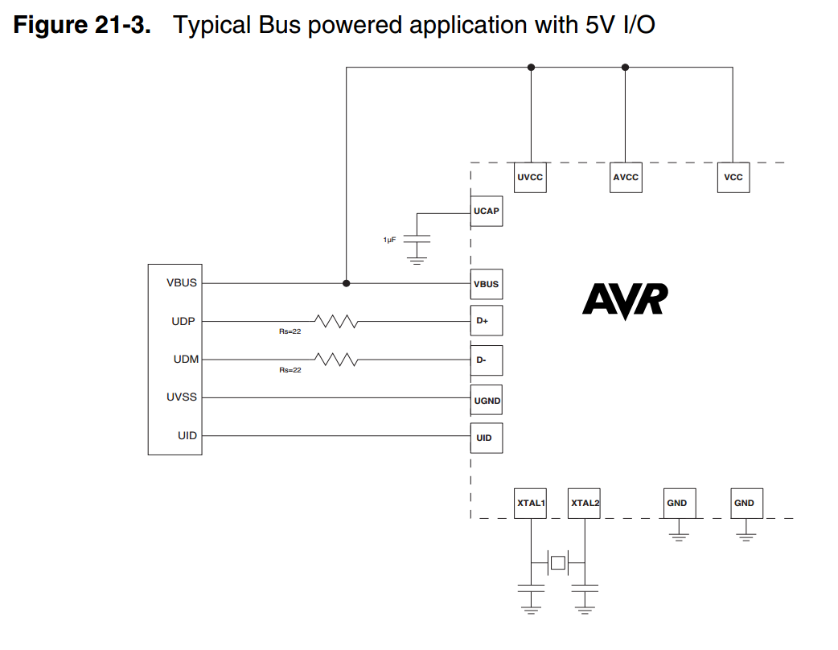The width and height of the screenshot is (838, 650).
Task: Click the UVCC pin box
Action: coord(530,178)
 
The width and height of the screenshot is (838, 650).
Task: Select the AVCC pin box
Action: coord(625,178)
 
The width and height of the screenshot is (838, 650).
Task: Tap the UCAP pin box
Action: coord(486,211)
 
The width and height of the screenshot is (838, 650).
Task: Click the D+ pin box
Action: coord(486,321)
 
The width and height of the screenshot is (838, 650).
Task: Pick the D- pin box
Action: coord(486,360)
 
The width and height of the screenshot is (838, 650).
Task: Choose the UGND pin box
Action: coord(486,400)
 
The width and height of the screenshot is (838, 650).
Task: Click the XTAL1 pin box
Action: coord(531,503)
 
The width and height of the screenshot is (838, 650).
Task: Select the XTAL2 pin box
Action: coord(584,503)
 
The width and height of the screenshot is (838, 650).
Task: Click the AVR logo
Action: coord(625,301)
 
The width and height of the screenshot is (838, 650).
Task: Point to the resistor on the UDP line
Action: coord(336,322)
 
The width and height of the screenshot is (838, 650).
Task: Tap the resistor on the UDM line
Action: coord(336,360)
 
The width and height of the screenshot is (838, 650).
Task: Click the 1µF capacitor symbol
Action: coord(417,239)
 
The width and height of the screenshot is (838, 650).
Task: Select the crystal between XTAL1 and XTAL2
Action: coord(557,562)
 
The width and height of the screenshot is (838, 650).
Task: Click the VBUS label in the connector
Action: coord(182,283)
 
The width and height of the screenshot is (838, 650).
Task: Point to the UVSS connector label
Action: coord(182,397)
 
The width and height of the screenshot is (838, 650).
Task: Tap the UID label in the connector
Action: coord(187,435)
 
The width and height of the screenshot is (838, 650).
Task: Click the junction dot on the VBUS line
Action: coord(347,283)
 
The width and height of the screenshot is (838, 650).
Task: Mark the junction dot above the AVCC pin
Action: coord(625,68)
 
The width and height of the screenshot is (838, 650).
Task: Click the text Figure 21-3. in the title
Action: coord(83,25)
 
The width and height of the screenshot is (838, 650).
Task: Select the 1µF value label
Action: coord(389,240)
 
